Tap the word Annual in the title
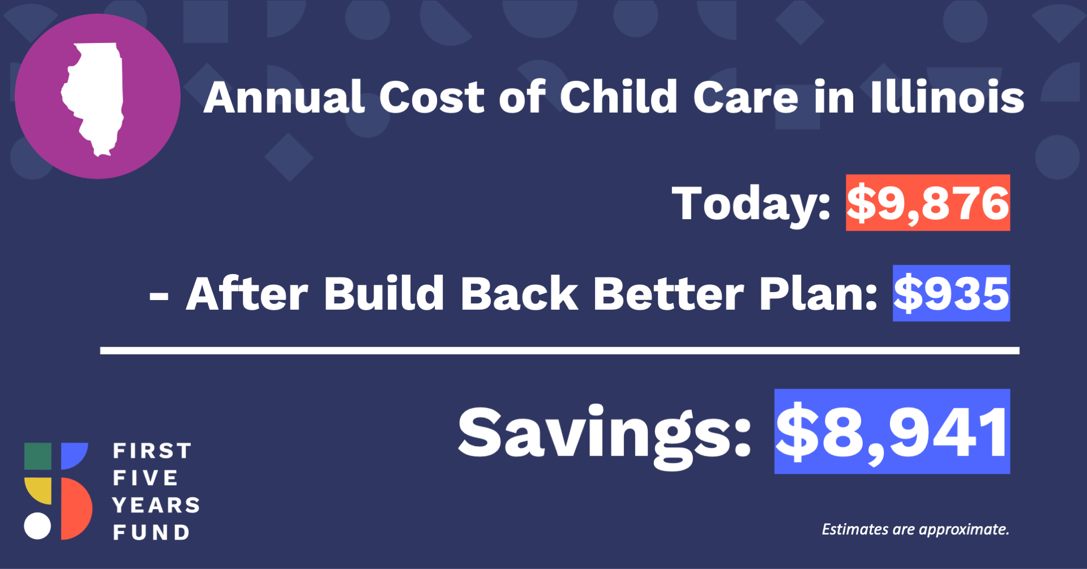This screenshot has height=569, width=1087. pyautogui.click(x=284, y=97)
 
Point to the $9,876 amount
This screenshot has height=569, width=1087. pyautogui.click(x=928, y=203)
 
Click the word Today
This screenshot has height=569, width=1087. pyautogui.click(x=751, y=204)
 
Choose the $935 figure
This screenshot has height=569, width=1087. pyautogui.click(x=951, y=293)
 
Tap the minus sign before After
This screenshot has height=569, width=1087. pyautogui.click(x=159, y=297)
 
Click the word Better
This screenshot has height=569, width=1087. pyautogui.click(x=668, y=293)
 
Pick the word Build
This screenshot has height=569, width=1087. pyautogui.click(x=384, y=293)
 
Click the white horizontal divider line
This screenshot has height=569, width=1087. pyautogui.click(x=560, y=351)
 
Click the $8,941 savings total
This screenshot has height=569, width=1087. pyautogui.click(x=892, y=431)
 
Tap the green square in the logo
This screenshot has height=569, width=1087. pyautogui.click(x=38, y=456)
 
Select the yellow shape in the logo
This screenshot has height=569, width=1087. pyautogui.click(x=38, y=491)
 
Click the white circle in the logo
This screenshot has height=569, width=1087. pyautogui.click(x=37, y=526)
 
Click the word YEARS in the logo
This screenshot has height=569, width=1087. pyautogui.click(x=156, y=505)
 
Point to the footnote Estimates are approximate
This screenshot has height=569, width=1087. pyautogui.click(x=915, y=529)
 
